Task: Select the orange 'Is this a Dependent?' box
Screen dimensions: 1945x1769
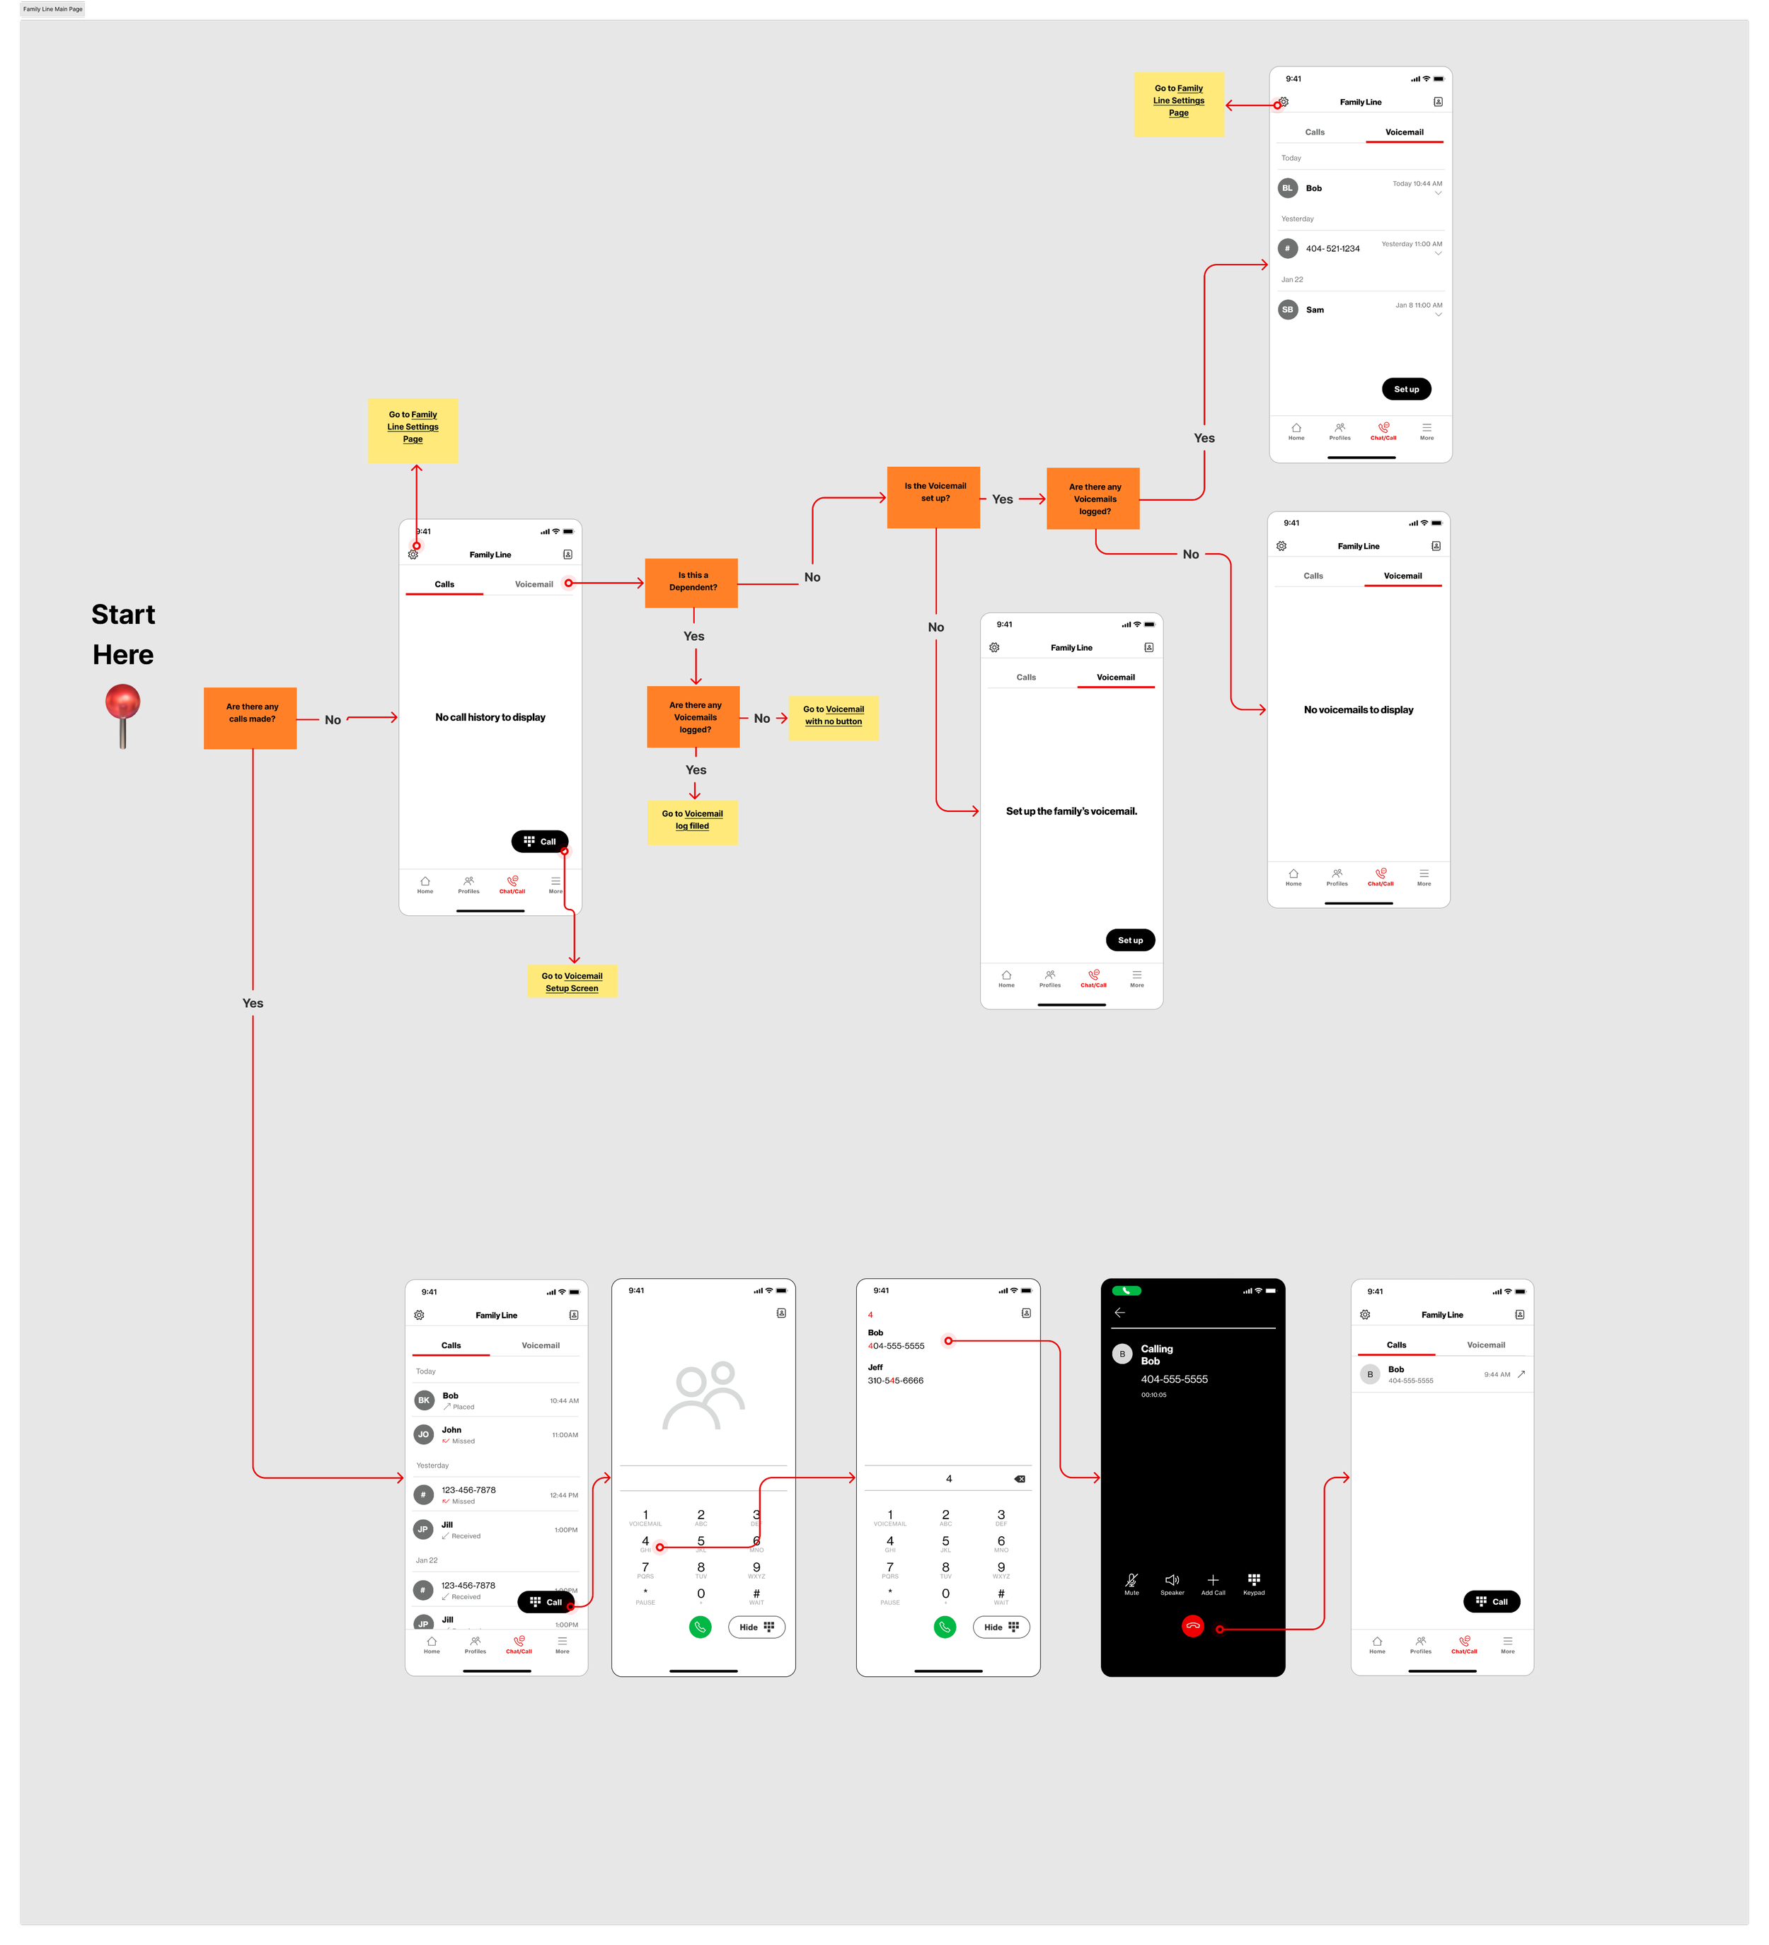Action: pos(691,583)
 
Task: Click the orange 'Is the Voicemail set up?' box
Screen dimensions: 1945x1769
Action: pos(933,497)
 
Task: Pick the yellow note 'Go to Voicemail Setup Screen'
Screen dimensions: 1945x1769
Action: pos(571,981)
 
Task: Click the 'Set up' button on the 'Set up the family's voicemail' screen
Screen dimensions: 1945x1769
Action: pos(1129,940)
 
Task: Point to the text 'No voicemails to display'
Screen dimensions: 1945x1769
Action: pos(1358,710)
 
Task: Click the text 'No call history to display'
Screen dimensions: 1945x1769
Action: pos(490,717)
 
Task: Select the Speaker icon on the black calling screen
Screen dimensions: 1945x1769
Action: pos(1172,1581)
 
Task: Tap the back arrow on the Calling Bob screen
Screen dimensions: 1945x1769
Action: pos(1119,1312)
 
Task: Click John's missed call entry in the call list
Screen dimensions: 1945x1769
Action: pos(496,1434)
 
